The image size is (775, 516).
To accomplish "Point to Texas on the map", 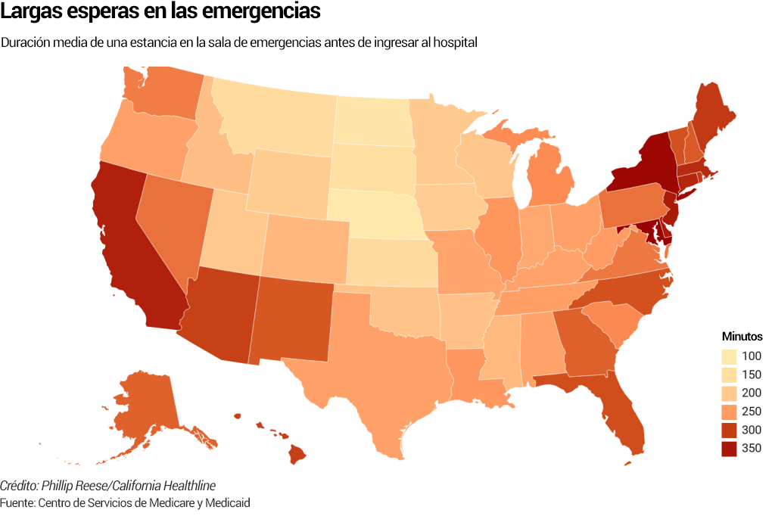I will coord(371,363).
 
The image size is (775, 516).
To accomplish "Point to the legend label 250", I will coord(752,412).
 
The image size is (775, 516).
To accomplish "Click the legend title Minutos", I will coord(742,337).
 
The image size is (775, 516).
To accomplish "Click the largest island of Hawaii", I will coord(296,455).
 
